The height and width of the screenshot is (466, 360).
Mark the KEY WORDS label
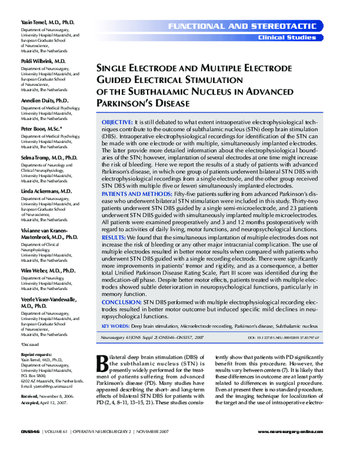(x=113, y=325)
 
